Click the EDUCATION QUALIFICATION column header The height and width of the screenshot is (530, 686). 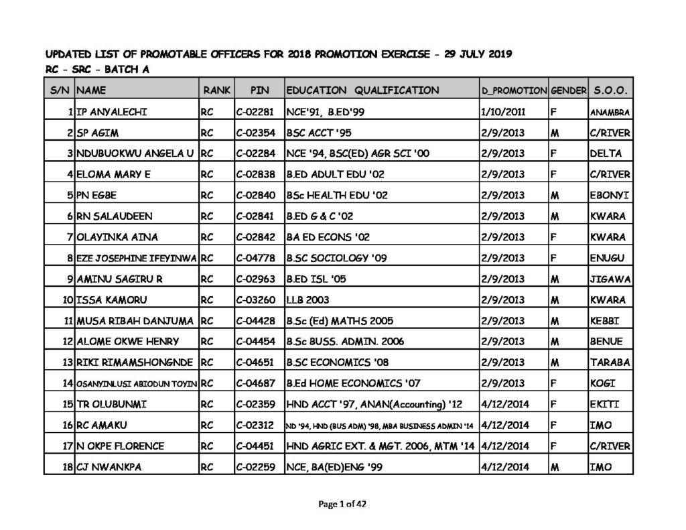pyautogui.click(x=362, y=90)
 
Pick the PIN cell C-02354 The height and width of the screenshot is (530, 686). pyautogui.click(x=257, y=133)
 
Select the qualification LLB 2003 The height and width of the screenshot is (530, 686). pyautogui.click(x=307, y=300)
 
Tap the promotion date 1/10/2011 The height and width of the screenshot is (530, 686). pyautogui.click(x=502, y=111)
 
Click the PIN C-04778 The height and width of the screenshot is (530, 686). pyautogui.click(x=257, y=258)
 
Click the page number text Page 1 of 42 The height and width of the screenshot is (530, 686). pyautogui.click(x=343, y=504)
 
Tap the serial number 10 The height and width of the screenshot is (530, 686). pyautogui.click(x=68, y=300)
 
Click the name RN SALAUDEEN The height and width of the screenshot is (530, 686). pyautogui.click(x=115, y=216)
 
